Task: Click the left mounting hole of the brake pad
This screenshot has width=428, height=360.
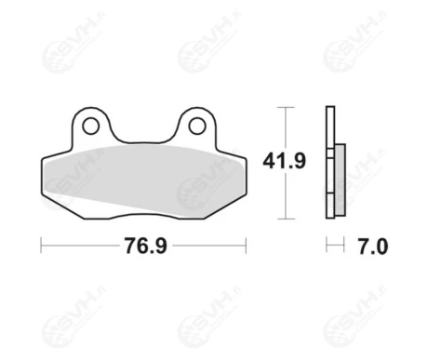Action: (91, 126)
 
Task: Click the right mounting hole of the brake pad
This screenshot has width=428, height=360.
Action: (197, 126)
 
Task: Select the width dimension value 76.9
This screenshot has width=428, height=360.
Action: (146, 246)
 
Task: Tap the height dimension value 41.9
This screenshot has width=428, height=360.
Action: (284, 161)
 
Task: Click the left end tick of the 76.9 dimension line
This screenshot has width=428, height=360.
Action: (41, 246)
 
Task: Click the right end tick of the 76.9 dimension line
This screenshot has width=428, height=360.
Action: (246, 246)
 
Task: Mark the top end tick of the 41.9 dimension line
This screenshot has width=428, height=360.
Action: (286, 107)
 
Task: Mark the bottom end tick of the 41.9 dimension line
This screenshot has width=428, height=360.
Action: (286, 219)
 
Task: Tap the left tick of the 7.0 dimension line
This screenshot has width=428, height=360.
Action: (327, 245)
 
